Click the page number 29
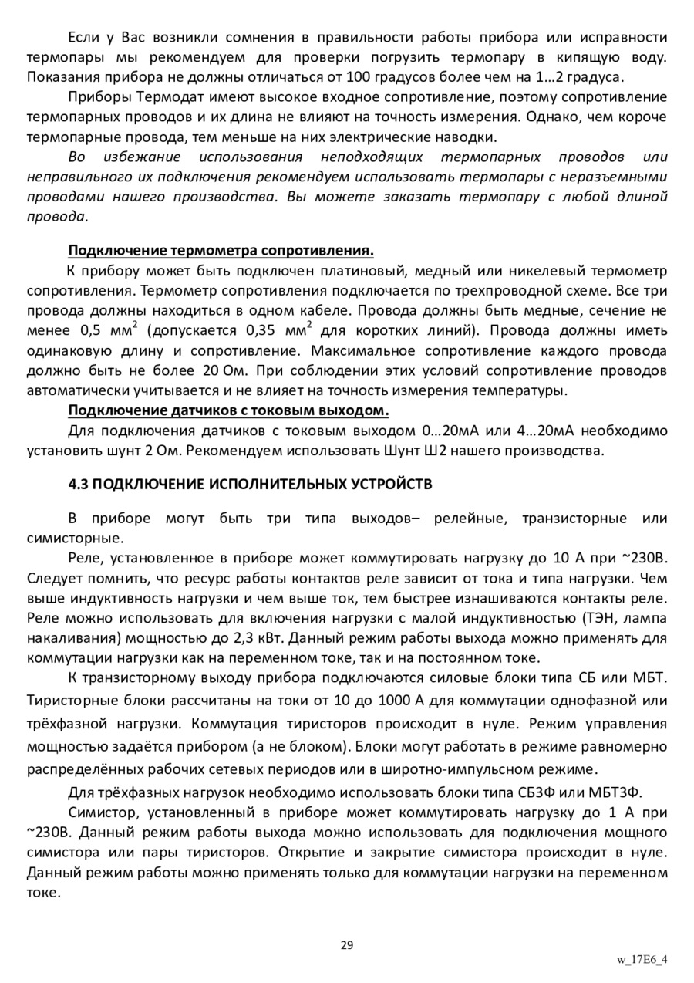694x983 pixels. point(347,945)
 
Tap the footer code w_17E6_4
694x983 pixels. point(642,960)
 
